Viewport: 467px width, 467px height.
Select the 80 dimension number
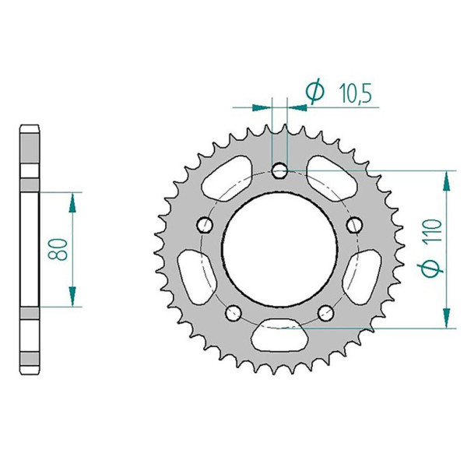[x=58, y=249]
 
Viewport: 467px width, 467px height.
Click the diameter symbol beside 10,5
[x=315, y=91]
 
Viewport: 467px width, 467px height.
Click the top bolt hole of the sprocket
[x=279, y=171]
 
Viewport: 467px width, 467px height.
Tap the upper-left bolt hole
[x=205, y=225]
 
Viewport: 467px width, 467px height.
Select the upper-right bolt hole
[x=355, y=225]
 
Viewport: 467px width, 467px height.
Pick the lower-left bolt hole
[x=233, y=313]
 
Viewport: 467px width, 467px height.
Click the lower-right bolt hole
[x=326, y=313]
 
